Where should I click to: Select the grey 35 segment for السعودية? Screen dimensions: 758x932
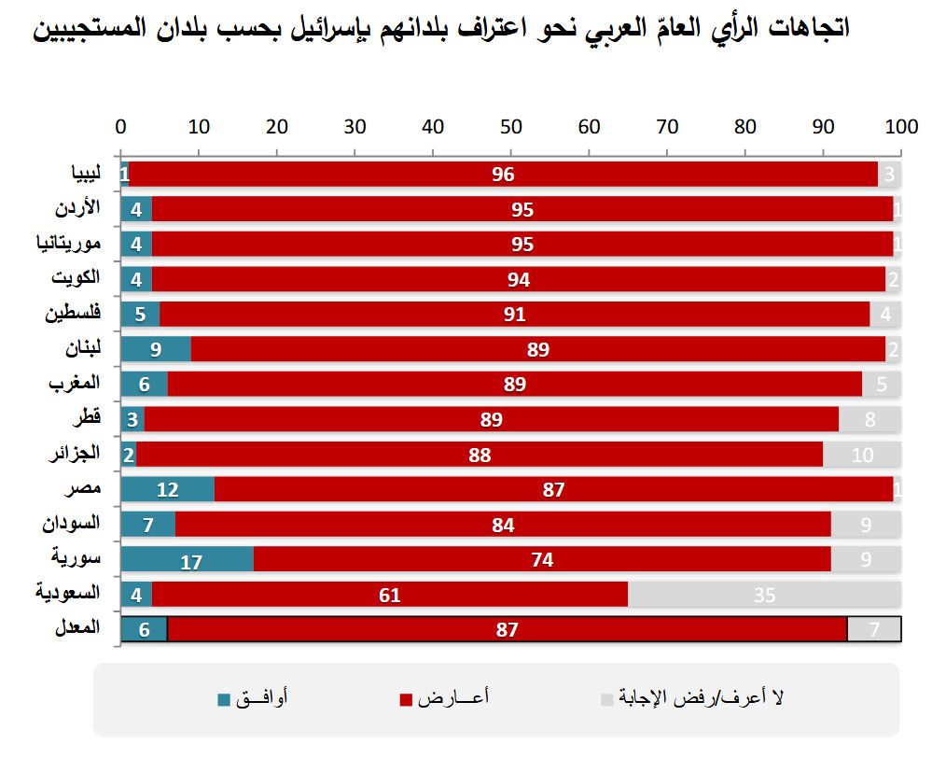(764, 595)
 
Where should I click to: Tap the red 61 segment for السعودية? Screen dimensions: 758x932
(390, 595)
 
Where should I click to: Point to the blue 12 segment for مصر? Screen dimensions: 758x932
(167, 489)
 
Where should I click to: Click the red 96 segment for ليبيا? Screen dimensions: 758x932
(504, 175)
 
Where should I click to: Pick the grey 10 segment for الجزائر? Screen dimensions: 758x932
(862, 455)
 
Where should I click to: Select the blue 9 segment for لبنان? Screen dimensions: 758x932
(156, 350)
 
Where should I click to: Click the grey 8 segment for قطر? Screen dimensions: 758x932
(869, 419)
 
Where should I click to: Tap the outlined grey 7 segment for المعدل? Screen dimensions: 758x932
(874, 629)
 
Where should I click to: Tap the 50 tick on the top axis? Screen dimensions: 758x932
(510, 127)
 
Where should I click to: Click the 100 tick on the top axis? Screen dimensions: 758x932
(899, 127)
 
